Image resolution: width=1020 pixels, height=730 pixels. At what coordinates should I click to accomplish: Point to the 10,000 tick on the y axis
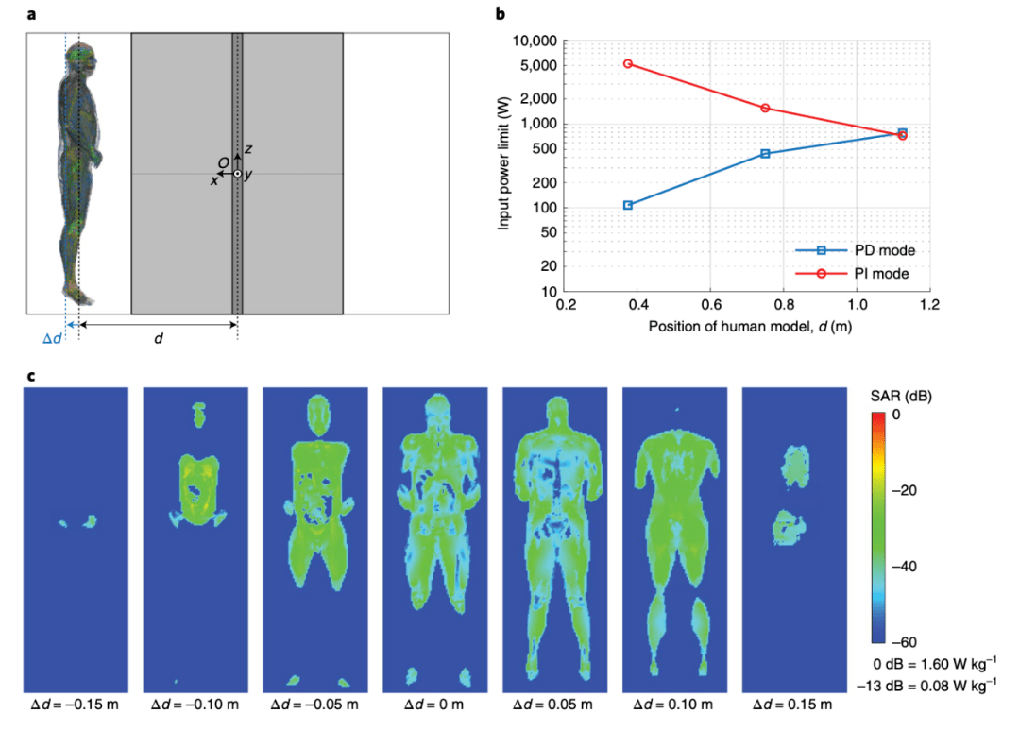tap(534, 42)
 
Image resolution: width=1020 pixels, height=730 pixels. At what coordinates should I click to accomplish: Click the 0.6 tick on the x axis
tap(711, 306)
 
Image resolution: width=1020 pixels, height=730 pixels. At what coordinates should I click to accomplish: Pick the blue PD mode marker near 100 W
tap(628, 205)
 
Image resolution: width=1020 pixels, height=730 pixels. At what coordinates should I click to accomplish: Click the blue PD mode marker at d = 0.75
tap(765, 153)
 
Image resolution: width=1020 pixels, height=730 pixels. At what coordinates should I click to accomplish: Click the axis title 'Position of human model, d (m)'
tap(748, 327)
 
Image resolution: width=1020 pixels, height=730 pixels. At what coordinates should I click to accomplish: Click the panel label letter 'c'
tap(31, 376)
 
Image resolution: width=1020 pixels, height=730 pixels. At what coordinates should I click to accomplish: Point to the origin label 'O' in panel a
tap(223, 163)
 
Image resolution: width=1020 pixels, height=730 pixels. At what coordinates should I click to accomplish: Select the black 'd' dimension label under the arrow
tap(158, 338)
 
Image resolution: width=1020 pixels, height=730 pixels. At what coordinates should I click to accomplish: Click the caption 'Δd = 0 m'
tap(435, 704)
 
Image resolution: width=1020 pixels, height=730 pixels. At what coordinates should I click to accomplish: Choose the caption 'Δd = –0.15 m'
tap(75, 704)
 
